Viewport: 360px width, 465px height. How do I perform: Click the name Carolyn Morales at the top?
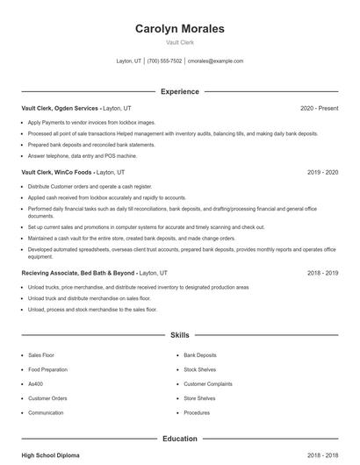(x=179, y=29)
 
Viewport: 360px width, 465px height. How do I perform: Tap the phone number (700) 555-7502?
(x=164, y=61)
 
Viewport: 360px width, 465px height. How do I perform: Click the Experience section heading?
(x=179, y=91)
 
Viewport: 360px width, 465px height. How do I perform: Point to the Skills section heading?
(x=179, y=335)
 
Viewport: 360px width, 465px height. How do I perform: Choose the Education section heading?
(x=179, y=438)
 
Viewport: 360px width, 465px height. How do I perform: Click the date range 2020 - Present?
(x=319, y=108)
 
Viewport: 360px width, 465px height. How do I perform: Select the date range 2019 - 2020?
(x=322, y=173)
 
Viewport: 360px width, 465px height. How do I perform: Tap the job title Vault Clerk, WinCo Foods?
(x=57, y=173)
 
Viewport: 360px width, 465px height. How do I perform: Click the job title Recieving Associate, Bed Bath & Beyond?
(x=79, y=273)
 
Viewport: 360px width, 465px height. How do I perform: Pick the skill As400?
(x=36, y=383)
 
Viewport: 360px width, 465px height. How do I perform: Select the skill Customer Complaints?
(x=207, y=383)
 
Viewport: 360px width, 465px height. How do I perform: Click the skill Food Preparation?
(x=47, y=369)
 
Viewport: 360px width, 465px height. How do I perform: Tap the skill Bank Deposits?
(x=200, y=355)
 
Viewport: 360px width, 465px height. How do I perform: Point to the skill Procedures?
(x=197, y=412)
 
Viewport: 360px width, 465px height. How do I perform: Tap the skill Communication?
(x=46, y=412)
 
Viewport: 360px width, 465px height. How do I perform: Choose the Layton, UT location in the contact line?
(x=129, y=61)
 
